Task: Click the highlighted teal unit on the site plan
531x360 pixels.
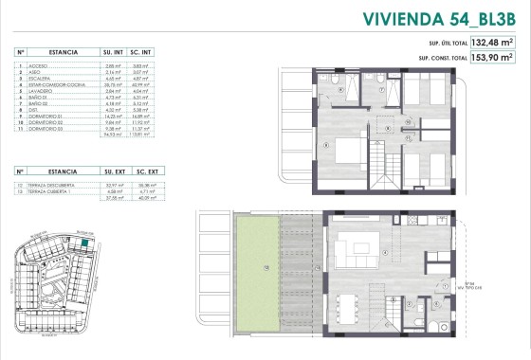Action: pos(84,243)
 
